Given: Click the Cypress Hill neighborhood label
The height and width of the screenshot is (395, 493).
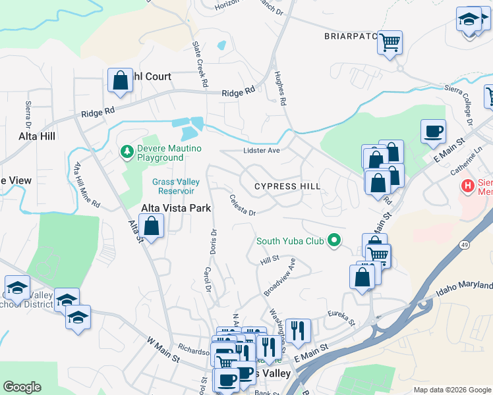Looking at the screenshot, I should pos(287,186).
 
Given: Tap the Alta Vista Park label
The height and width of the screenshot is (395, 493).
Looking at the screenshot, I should pos(176,208).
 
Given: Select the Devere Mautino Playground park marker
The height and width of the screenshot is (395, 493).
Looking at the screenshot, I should pos(127,152).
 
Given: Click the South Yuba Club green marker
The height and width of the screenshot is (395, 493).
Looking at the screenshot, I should pos(334,241).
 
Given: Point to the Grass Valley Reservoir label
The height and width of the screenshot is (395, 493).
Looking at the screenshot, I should pos(173,186).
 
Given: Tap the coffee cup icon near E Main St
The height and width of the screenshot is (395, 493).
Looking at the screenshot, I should pos(433,132).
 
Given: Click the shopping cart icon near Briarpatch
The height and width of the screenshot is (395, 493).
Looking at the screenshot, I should pos(390,43).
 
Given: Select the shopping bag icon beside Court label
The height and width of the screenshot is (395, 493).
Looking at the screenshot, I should pos(121,81).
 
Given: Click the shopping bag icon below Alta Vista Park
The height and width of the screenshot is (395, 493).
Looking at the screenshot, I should pos(152,226).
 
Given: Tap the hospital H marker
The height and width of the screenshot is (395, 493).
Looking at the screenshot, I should pos(468,186).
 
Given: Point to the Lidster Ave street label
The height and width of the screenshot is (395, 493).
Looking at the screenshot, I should pos(262,150).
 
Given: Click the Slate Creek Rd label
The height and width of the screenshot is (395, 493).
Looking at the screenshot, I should pos(200,65).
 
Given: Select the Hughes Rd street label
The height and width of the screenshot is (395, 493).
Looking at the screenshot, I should pos(281,89).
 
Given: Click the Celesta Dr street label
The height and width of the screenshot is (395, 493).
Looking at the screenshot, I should pos(242,204).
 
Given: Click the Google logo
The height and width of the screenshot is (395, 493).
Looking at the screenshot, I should pos(22,387).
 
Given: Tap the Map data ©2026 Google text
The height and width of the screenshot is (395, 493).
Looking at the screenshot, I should pos(451,390).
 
